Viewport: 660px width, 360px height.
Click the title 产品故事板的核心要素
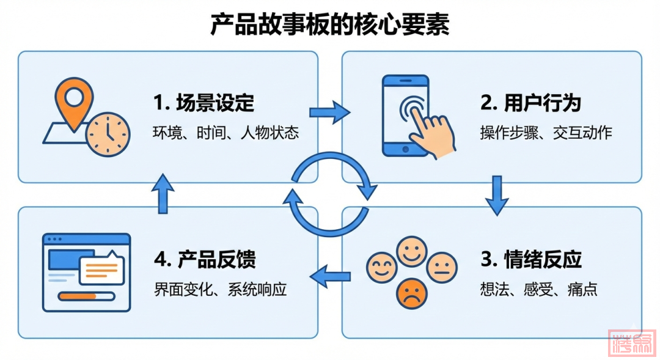[330, 25]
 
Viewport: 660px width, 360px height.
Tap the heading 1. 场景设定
[204, 103]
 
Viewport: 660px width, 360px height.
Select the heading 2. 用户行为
[530, 103]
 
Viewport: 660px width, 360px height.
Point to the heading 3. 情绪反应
[530, 259]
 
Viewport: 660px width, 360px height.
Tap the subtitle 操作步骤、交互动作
[546, 133]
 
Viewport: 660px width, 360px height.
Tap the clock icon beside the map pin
[108, 134]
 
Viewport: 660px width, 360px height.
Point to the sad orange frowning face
[412, 294]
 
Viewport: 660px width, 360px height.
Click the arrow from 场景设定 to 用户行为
[329, 112]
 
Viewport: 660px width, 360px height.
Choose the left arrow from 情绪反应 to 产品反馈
[331, 276]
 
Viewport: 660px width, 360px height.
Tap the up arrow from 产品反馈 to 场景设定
[163, 193]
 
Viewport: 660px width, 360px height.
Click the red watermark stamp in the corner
[632, 343]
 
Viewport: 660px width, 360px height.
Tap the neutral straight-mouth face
[442, 267]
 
